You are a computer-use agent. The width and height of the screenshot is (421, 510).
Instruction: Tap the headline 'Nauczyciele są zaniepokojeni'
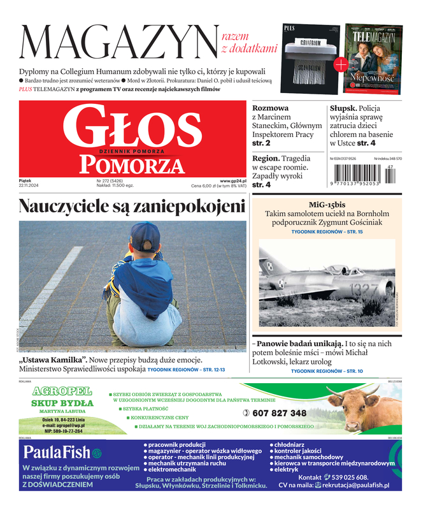click(x=132, y=207)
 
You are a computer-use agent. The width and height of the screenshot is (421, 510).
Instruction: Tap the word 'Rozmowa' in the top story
click(x=271, y=108)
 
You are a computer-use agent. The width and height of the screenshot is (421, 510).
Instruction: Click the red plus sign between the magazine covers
click(x=341, y=64)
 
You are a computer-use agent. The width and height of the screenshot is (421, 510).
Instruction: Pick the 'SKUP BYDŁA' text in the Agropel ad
click(x=62, y=403)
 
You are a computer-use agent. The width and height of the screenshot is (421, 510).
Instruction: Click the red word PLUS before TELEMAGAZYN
click(x=25, y=90)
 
